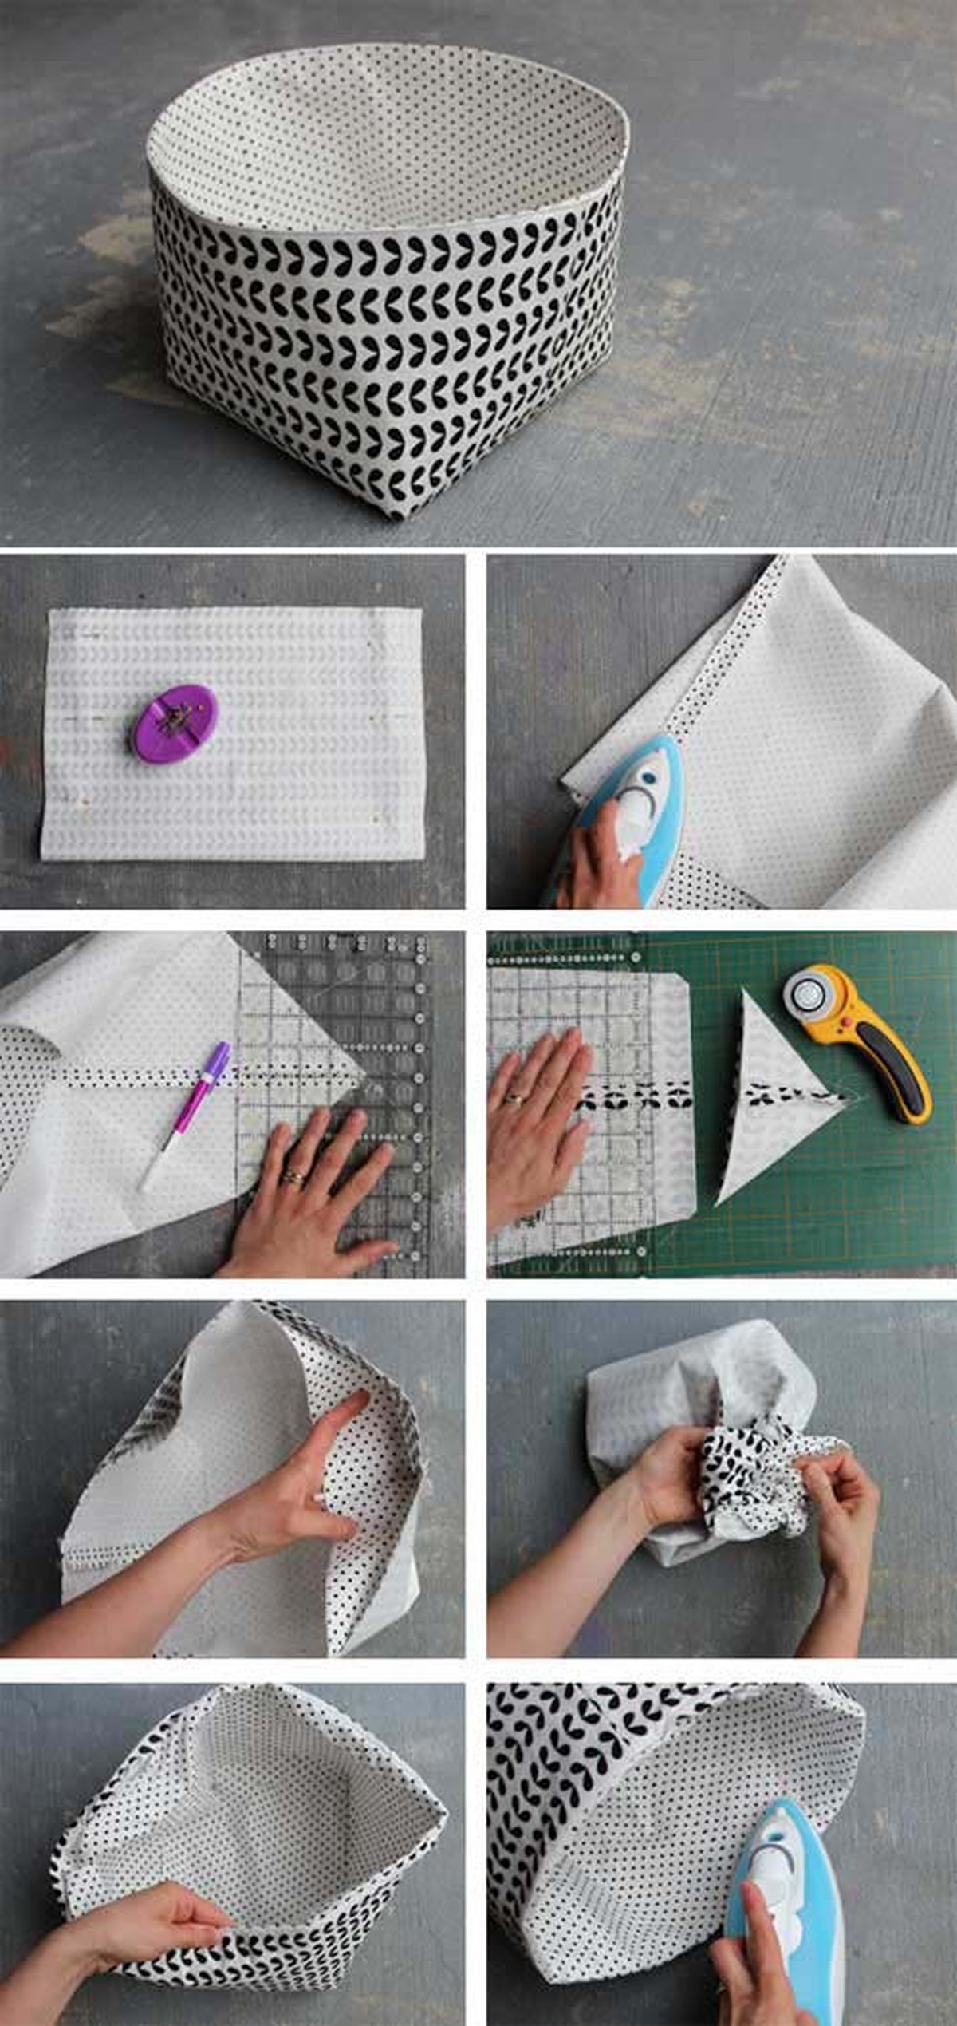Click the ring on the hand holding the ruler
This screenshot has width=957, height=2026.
point(293,1175)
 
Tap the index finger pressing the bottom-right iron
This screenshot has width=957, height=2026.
point(758,1931)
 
